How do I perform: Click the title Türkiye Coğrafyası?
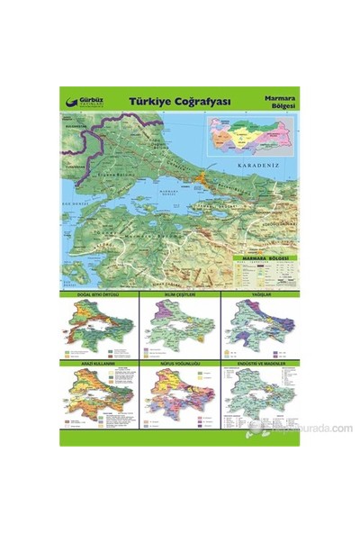click(x=180, y=102)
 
